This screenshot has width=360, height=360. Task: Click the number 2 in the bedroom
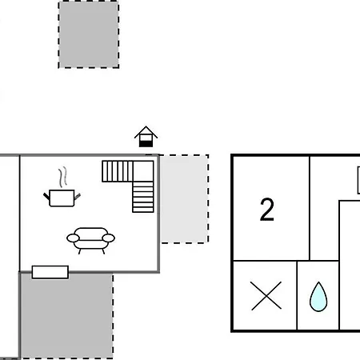267,210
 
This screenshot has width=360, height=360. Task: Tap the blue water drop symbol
318,297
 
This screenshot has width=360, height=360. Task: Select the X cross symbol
266,296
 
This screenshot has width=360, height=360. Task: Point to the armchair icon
90,240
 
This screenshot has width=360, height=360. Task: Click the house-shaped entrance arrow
146,136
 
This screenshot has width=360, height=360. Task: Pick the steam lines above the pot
63,177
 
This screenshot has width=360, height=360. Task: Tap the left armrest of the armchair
73,238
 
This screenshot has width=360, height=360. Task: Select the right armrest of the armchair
109,238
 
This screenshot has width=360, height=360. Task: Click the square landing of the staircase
143,171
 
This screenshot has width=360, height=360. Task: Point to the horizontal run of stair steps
118,171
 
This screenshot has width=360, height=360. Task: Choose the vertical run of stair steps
143,197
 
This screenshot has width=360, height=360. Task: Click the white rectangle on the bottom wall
50,272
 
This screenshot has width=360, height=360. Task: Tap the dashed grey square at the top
89,34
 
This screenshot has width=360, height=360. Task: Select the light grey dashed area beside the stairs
184,198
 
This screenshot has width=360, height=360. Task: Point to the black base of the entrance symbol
146,144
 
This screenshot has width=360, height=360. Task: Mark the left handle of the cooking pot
46,196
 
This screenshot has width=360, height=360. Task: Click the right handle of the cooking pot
78,197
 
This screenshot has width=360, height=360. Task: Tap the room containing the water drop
318,295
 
